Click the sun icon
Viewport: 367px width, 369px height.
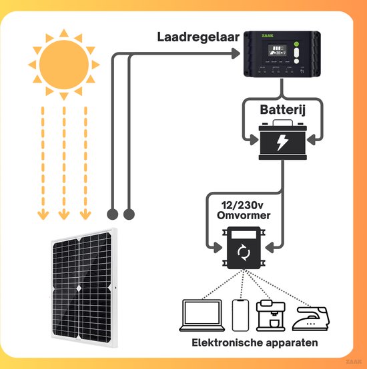pyautogui.click(x=63, y=64)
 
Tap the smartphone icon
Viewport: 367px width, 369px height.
pyautogui.click(x=240, y=314)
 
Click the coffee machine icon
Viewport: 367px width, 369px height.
pyautogui.click(x=272, y=314)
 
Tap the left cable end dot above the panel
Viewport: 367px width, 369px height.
pyautogui.click(x=113, y=214)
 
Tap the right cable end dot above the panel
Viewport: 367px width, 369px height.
pyautogui.click(x=129, y=214)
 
